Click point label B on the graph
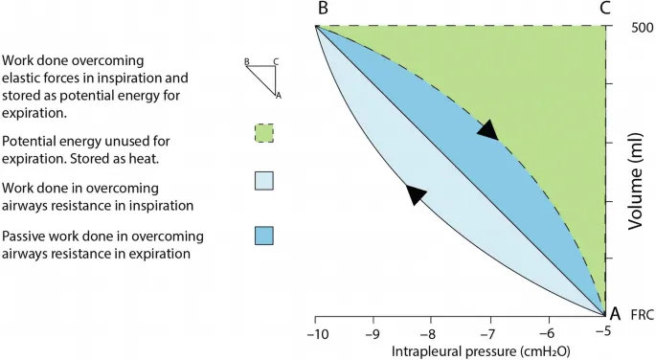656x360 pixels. click(323, 9)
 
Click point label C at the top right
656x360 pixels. click(604, 9)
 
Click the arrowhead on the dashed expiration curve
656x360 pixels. click(489, 130)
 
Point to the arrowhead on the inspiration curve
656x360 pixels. click(415, 194)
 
